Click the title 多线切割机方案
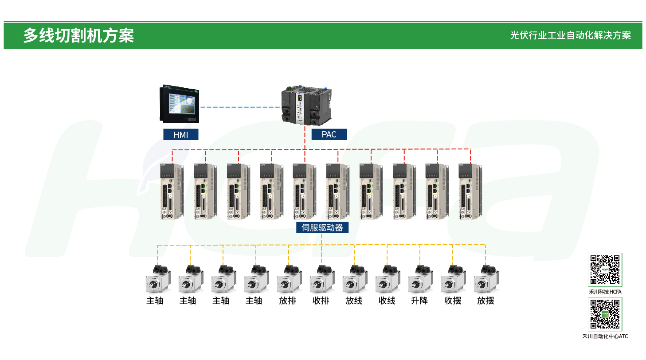[x=78, y=35]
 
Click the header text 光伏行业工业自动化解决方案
[x=570, y=35]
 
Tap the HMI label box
[x=180, y=135]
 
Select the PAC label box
[x=329, y=135]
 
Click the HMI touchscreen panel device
[x=180, y=105]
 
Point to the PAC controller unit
[x=306, y=105]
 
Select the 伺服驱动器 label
[x=322, y=228]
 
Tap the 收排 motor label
[x=321, y=301]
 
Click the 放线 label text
[x=354, y=301]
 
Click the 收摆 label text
[x=453, y=301]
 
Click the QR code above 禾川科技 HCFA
[x=605, y=270]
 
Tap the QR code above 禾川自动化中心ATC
[x=605, y=314]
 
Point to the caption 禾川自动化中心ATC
[x=605, y=337]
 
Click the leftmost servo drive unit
[x=172, y=192]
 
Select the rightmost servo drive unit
[x=470, y=192]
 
